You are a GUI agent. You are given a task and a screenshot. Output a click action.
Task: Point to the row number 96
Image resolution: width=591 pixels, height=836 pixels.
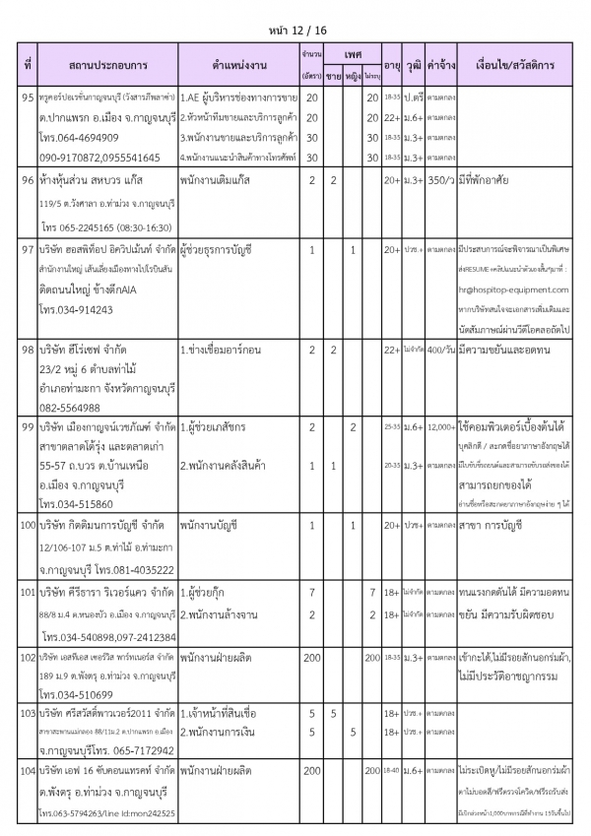(x=29, y=181)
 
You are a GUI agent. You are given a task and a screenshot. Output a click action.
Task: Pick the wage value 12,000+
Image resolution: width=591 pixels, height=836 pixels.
(x=440, y=426)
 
